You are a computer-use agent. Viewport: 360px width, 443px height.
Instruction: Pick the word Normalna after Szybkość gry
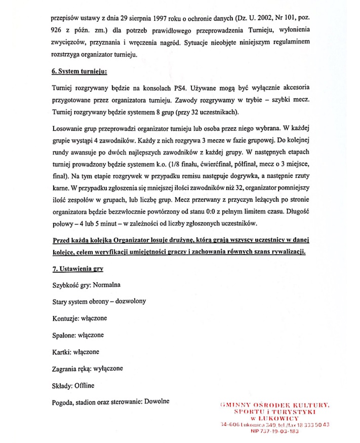106,285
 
